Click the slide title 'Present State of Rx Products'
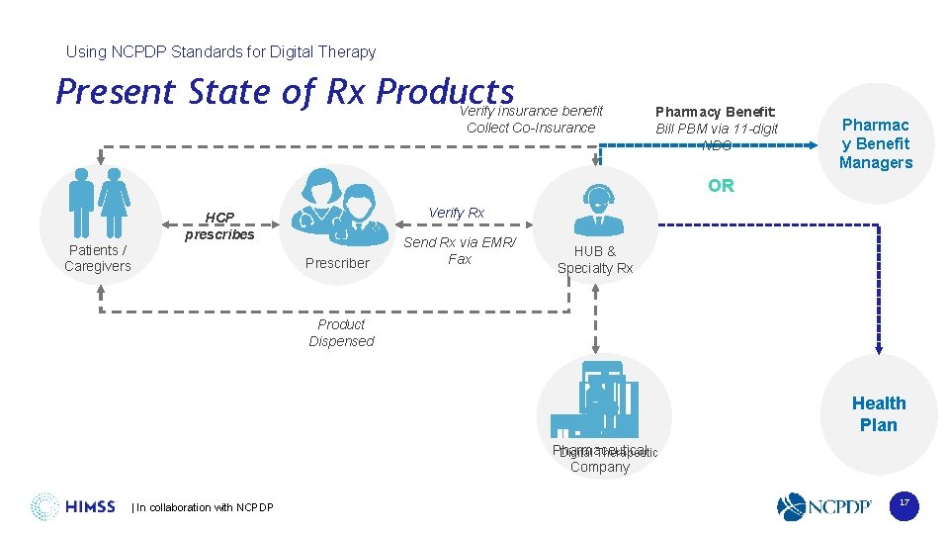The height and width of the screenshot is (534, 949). (x=285, y=92)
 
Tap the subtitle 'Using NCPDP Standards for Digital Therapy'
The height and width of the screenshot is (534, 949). (x=220, y=51)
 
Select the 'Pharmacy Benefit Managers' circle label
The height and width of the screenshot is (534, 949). (x=875, y=143)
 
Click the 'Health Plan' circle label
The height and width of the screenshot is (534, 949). (x=878, y=413)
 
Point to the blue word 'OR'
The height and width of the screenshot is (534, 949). (x=721, y=186)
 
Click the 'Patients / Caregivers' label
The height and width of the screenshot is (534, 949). (x=98, y=258)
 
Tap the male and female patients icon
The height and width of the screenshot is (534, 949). (x=99, y=203)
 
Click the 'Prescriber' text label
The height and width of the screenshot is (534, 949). (x=337, y=263)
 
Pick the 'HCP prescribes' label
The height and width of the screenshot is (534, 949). (x=219, y=226)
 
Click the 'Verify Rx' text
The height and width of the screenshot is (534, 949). (x=456, y=213)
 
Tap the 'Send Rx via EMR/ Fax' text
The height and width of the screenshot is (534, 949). (x=460, y=250)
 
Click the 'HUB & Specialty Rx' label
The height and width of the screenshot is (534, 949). (x=595, y=259)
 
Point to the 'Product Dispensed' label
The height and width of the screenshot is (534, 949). (x=341, y=332)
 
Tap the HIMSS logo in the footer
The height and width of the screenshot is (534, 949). (x=73, y=507)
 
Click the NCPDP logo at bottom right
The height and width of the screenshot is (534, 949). (x=824, y=507)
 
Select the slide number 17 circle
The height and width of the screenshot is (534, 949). (x=903, y=504)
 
